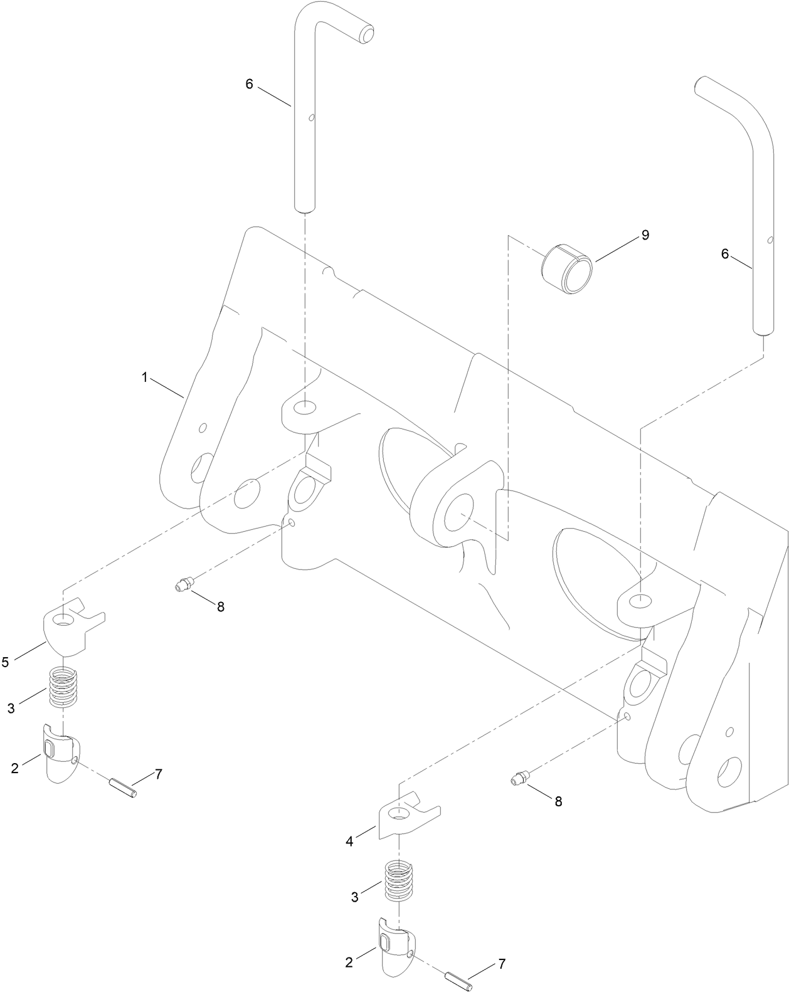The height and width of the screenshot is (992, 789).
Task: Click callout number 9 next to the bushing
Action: point(645,235)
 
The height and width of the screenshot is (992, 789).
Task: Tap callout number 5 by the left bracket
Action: point(6,662)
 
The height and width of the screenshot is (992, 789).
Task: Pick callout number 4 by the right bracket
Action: point(349,842)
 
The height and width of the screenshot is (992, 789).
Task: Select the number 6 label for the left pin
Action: point(249,84)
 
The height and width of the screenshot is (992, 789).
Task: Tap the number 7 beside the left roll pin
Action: point(159,774)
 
